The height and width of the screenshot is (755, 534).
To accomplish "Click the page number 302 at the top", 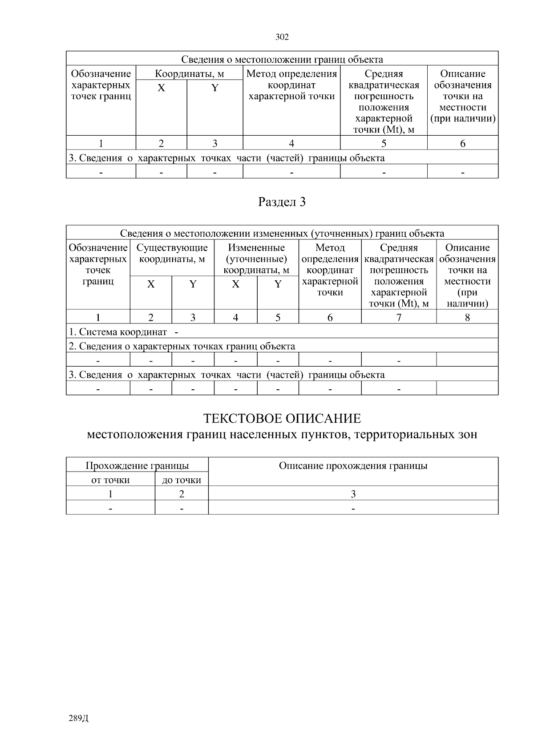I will point(282,37).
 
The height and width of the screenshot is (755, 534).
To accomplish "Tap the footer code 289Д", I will point(79,719).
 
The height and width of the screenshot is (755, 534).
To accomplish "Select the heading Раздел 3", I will point(282,202).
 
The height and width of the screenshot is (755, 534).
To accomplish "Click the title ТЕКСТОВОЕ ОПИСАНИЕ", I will point(282,419).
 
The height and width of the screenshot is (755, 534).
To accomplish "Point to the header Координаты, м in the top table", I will point(189,74).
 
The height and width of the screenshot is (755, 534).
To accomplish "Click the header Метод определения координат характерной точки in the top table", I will point(291,85).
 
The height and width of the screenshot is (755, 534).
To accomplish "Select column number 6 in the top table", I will point(463,143).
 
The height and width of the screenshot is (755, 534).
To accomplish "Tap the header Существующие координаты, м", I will point(172,253).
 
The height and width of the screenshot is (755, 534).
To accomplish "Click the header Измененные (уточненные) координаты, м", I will point(256,258).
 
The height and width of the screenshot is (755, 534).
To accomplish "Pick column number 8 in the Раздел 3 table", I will point(467,317).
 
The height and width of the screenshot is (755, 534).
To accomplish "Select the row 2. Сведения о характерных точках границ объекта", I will point(182,346).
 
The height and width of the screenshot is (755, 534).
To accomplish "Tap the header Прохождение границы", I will point(137,466).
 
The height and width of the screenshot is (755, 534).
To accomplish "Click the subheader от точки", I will point(110,480).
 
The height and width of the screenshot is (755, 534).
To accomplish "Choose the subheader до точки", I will point(182,480).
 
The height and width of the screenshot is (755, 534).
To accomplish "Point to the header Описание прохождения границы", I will point(353,466).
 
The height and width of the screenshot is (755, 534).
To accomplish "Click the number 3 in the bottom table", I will point(353,494).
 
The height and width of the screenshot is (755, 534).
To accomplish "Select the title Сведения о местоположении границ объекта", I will point(282,60).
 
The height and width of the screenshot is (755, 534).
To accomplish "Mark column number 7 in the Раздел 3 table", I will point(399,317).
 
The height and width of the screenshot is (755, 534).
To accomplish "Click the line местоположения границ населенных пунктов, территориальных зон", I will point(282,435).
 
